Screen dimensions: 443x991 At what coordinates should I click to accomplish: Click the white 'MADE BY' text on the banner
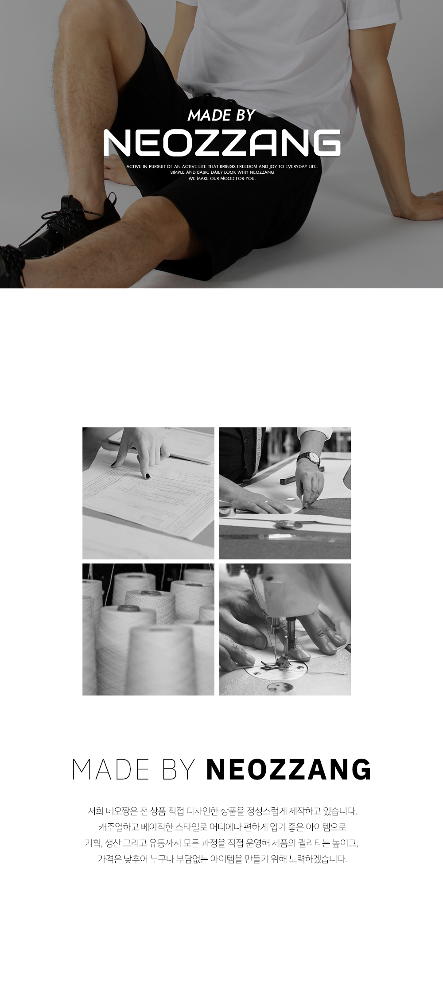[221, 115]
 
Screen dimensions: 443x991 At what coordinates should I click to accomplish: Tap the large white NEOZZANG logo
[222, 143]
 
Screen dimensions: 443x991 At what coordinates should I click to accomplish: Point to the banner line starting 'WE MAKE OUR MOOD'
[222, 179]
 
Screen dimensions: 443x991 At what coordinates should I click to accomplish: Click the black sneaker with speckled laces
[66, 226]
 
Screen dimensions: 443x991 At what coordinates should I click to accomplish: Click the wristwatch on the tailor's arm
[309, 458]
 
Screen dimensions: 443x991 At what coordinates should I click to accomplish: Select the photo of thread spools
[148, 629]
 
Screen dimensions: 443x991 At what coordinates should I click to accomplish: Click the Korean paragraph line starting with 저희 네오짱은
[222, 811]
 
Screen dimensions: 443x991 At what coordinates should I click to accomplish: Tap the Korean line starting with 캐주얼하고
[222, 827]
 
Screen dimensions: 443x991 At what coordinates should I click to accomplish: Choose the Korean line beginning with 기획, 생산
[222, 842]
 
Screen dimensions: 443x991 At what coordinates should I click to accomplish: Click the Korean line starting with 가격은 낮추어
[222, 858]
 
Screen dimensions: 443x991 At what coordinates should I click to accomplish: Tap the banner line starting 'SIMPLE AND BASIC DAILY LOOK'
[222, 172]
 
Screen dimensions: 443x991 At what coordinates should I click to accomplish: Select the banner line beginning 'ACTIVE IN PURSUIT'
[222, 167]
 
